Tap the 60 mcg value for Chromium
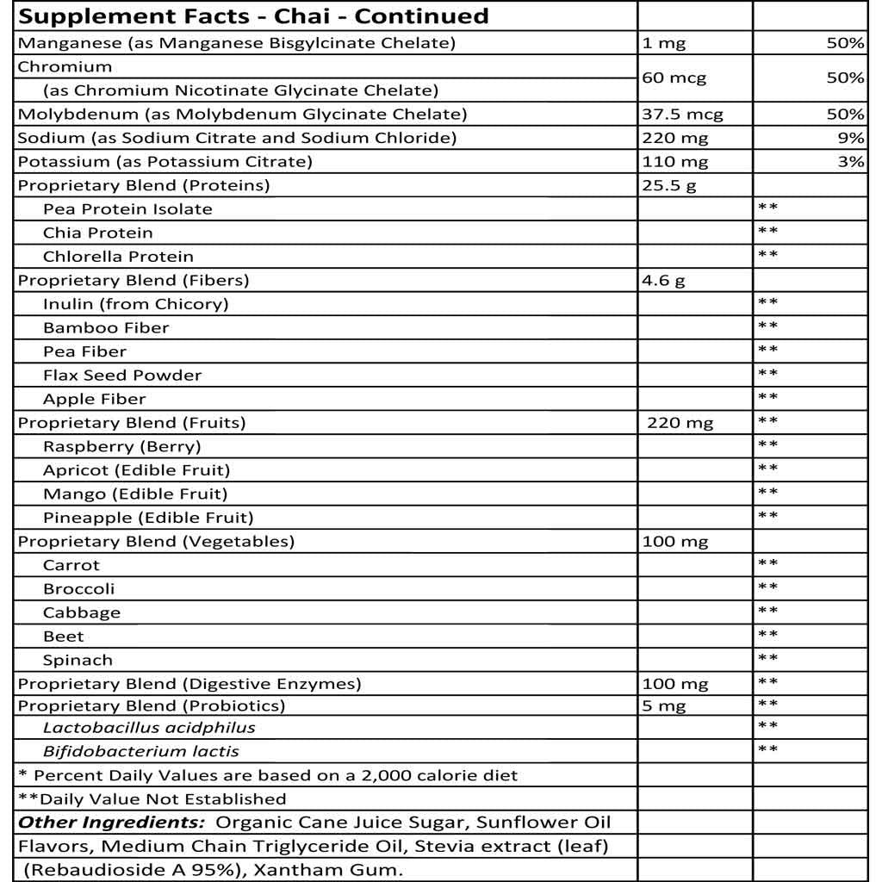674,78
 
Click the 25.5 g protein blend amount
669,186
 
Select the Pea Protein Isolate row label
127,209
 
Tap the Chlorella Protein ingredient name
118,257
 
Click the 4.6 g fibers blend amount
664,281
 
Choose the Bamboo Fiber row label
106,328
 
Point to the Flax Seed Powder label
122,376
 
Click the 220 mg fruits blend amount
680,423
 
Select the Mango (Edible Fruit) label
135,494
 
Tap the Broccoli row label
78,589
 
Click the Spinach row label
78,661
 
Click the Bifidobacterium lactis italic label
141,752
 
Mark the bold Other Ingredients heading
112,823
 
